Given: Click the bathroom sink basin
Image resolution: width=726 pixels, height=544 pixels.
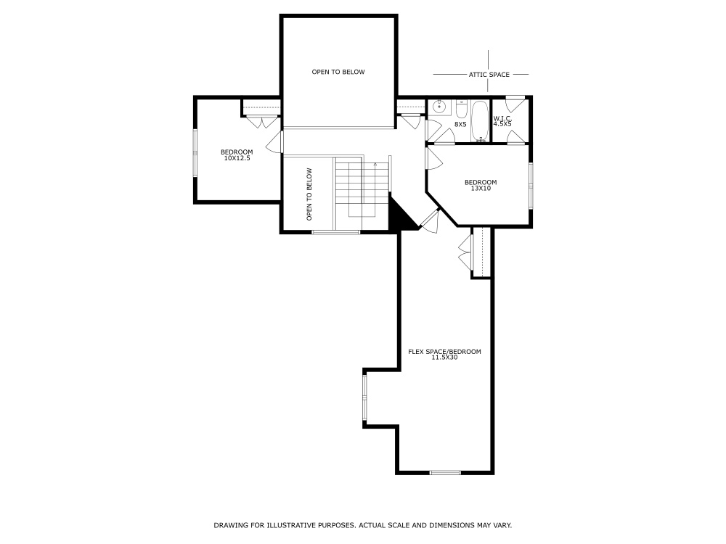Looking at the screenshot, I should [x=439, y=107].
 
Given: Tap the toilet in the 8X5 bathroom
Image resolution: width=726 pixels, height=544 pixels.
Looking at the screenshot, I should [x=461, y=111].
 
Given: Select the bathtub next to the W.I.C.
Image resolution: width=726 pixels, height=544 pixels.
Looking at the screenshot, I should [x=480, y=122].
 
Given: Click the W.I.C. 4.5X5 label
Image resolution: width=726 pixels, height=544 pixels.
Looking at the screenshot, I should [x=502, y=121].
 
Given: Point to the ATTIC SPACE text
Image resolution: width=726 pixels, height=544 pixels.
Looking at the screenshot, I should [x=489, y=74].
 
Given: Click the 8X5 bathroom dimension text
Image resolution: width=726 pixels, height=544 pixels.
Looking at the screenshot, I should [x=460, y=125].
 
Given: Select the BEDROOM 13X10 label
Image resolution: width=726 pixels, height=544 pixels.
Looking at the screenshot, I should [x=481, y=185].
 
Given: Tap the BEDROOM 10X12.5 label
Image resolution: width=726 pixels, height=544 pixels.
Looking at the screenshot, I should [x=237, y=154].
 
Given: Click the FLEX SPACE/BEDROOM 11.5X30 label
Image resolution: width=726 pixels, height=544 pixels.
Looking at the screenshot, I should [x=444, y=354].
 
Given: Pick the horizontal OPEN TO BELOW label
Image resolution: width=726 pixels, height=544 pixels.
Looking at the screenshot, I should [x=338, y=72].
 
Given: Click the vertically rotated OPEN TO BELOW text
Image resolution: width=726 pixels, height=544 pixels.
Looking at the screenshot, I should [x=309, y=194].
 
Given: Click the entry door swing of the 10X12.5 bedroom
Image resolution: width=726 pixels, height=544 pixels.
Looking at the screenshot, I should [x=274, y=142].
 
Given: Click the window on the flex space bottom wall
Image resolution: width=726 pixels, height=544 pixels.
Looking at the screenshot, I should [x=445, y=473].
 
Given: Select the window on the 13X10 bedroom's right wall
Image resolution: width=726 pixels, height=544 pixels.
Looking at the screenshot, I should [x=531, y=184].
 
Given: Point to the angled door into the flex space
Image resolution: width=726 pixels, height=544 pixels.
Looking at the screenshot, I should [x=429, y=220].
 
